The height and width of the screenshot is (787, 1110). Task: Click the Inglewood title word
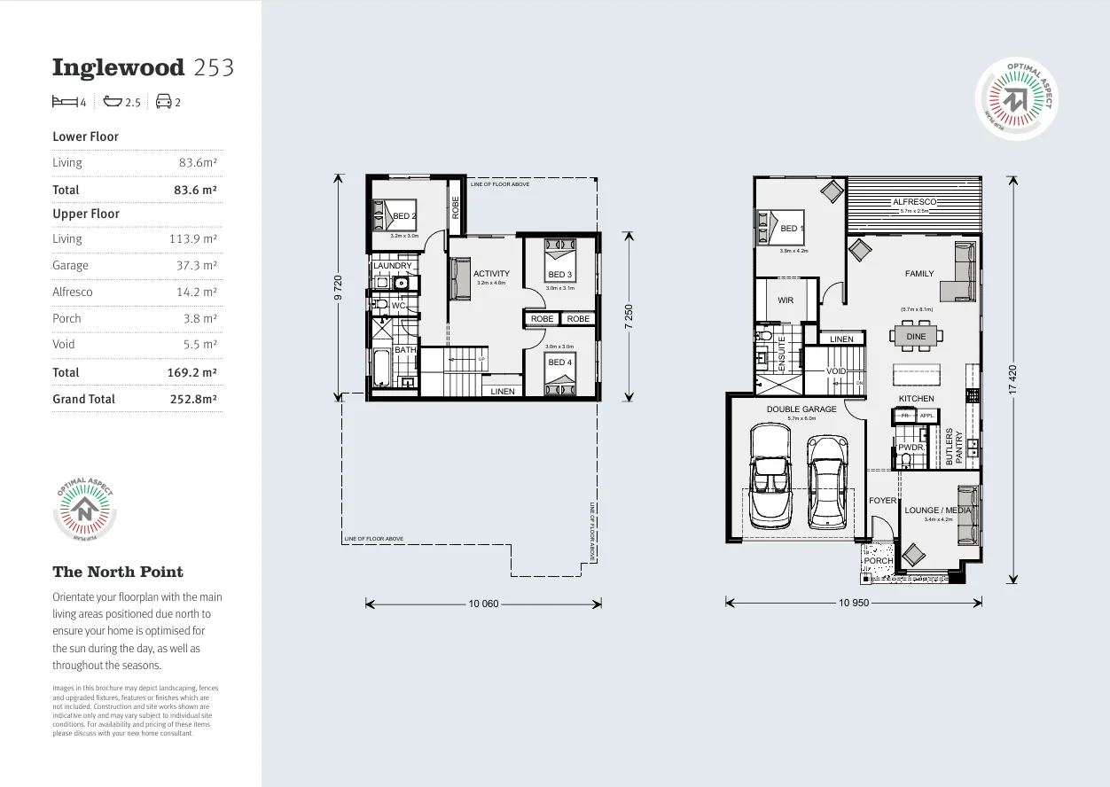[x=118, y=67]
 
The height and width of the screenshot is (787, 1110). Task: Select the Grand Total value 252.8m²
[x=193, y=400]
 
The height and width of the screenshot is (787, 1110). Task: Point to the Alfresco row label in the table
[x=72, y=292]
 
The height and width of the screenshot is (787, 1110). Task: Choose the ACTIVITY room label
[x=491, y=274]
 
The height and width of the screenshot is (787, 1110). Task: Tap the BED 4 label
[x=559, y=362]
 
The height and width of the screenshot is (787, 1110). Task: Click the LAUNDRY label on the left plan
[x=393, y=266]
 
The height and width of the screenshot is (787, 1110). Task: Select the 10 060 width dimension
[x=483, y=604]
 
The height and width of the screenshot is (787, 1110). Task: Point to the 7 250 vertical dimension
[x=629, y=316]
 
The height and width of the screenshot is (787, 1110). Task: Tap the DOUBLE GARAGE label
[x=801, y=409]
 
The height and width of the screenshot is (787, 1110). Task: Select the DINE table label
[x=916, y=337]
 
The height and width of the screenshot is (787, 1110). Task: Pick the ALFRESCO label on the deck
[x=914, y=202]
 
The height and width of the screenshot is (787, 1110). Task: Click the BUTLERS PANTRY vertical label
[x=953, y=448]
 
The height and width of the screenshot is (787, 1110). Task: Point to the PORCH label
[x=878, y=561]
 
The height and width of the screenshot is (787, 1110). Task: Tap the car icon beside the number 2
[x=163, y=102]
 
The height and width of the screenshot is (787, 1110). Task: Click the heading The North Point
[x=118, y=572]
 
